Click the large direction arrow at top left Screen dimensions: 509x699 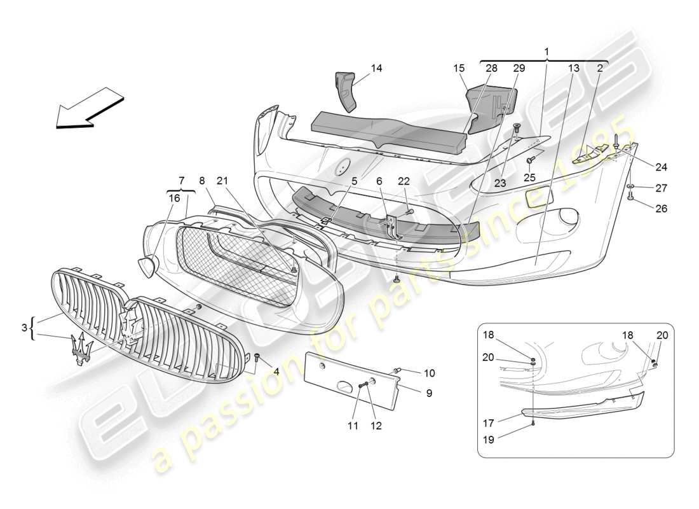89,110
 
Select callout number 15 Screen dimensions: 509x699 459,67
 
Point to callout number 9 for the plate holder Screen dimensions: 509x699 429,393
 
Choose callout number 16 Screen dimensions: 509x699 174,198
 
